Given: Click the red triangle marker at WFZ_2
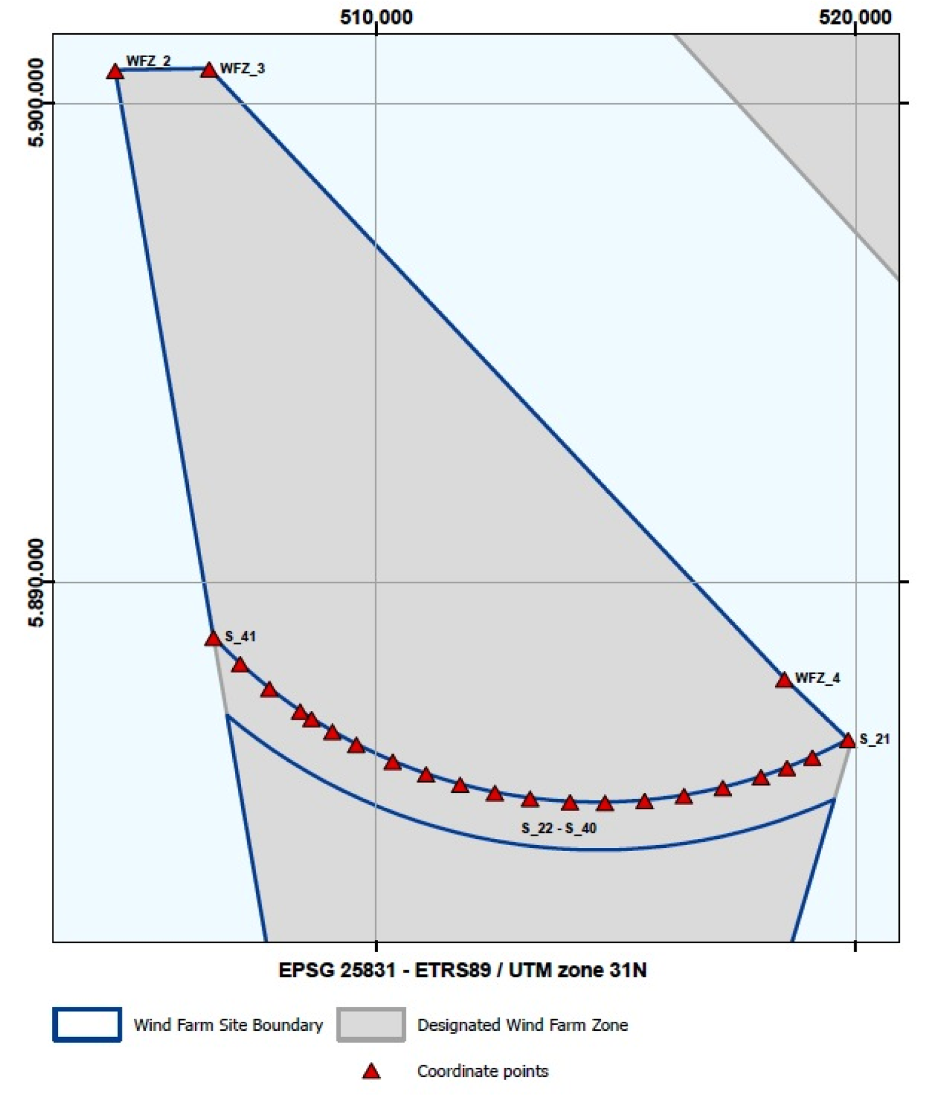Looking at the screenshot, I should click(x=115, y=72).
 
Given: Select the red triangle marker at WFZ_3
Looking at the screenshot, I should click(x=209, y=70).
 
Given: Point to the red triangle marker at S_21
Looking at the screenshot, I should click(x=847, y=741).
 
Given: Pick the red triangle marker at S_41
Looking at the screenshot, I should click(x=213, y=639).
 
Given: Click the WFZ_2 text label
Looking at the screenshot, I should click(x=148, y=61).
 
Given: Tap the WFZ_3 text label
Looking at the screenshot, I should click(x=242, y=68).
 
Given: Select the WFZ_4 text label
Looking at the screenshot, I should click(x=817, y=678).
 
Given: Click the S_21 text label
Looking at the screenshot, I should click(x=874, y=739).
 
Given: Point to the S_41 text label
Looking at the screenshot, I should click(x=240, y=637).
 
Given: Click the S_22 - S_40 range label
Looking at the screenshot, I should click(x=559, y=829).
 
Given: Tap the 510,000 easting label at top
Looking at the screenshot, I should click(x=376, y=18).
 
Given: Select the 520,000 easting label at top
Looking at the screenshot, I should click(x=855, y=18).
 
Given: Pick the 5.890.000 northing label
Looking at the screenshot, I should click(x=36, y=583).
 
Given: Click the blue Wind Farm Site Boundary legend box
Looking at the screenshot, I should click(x=87, y=1025).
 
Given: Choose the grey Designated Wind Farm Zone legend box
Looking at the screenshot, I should click(x=371, y=1025).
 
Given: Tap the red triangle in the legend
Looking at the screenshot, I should click(x=371, y=1071).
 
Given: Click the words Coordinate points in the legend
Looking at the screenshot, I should click(x=483, y=1071).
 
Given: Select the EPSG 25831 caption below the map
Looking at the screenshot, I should click(x=462, y=970).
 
